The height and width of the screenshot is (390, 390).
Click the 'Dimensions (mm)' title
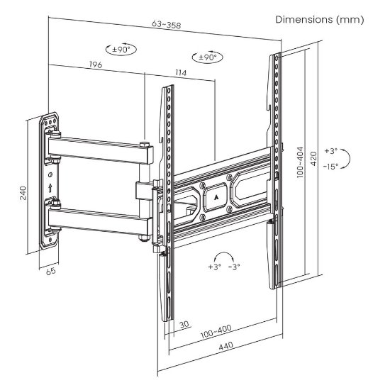click(x=320, y=19)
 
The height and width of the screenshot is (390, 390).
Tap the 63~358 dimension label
click(x=167, y=25)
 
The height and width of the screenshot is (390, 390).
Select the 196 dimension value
click(x=96, y=65)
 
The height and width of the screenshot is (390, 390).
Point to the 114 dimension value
click(x=181, y=72)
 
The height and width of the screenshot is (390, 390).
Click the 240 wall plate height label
click(x=23, y=193)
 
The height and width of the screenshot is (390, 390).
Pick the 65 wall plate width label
click(x=51, y=271)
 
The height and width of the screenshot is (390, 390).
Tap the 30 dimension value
click(x=184, y=325)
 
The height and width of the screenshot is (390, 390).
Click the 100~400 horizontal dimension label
click(x=216, y=332)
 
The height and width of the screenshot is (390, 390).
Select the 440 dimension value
click(x=225, y=346)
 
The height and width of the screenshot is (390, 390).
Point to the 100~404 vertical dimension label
click(x=301, y=162)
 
